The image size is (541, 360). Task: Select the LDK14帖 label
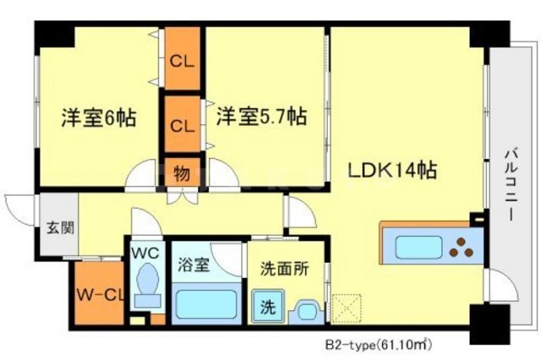[x=393, y=170]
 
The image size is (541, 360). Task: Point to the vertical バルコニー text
[x=512, y=185]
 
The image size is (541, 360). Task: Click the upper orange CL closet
[x=183, y=61]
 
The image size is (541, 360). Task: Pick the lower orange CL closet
[x=183, y=126]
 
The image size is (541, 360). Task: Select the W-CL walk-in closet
[x=101, y=295]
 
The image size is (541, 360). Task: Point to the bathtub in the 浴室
[x=206, y=303]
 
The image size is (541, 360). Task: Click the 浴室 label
[x=194, y=263]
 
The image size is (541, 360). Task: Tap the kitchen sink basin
[x=419, y=248]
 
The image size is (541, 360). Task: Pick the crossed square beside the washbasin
[x=346, y=308]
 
